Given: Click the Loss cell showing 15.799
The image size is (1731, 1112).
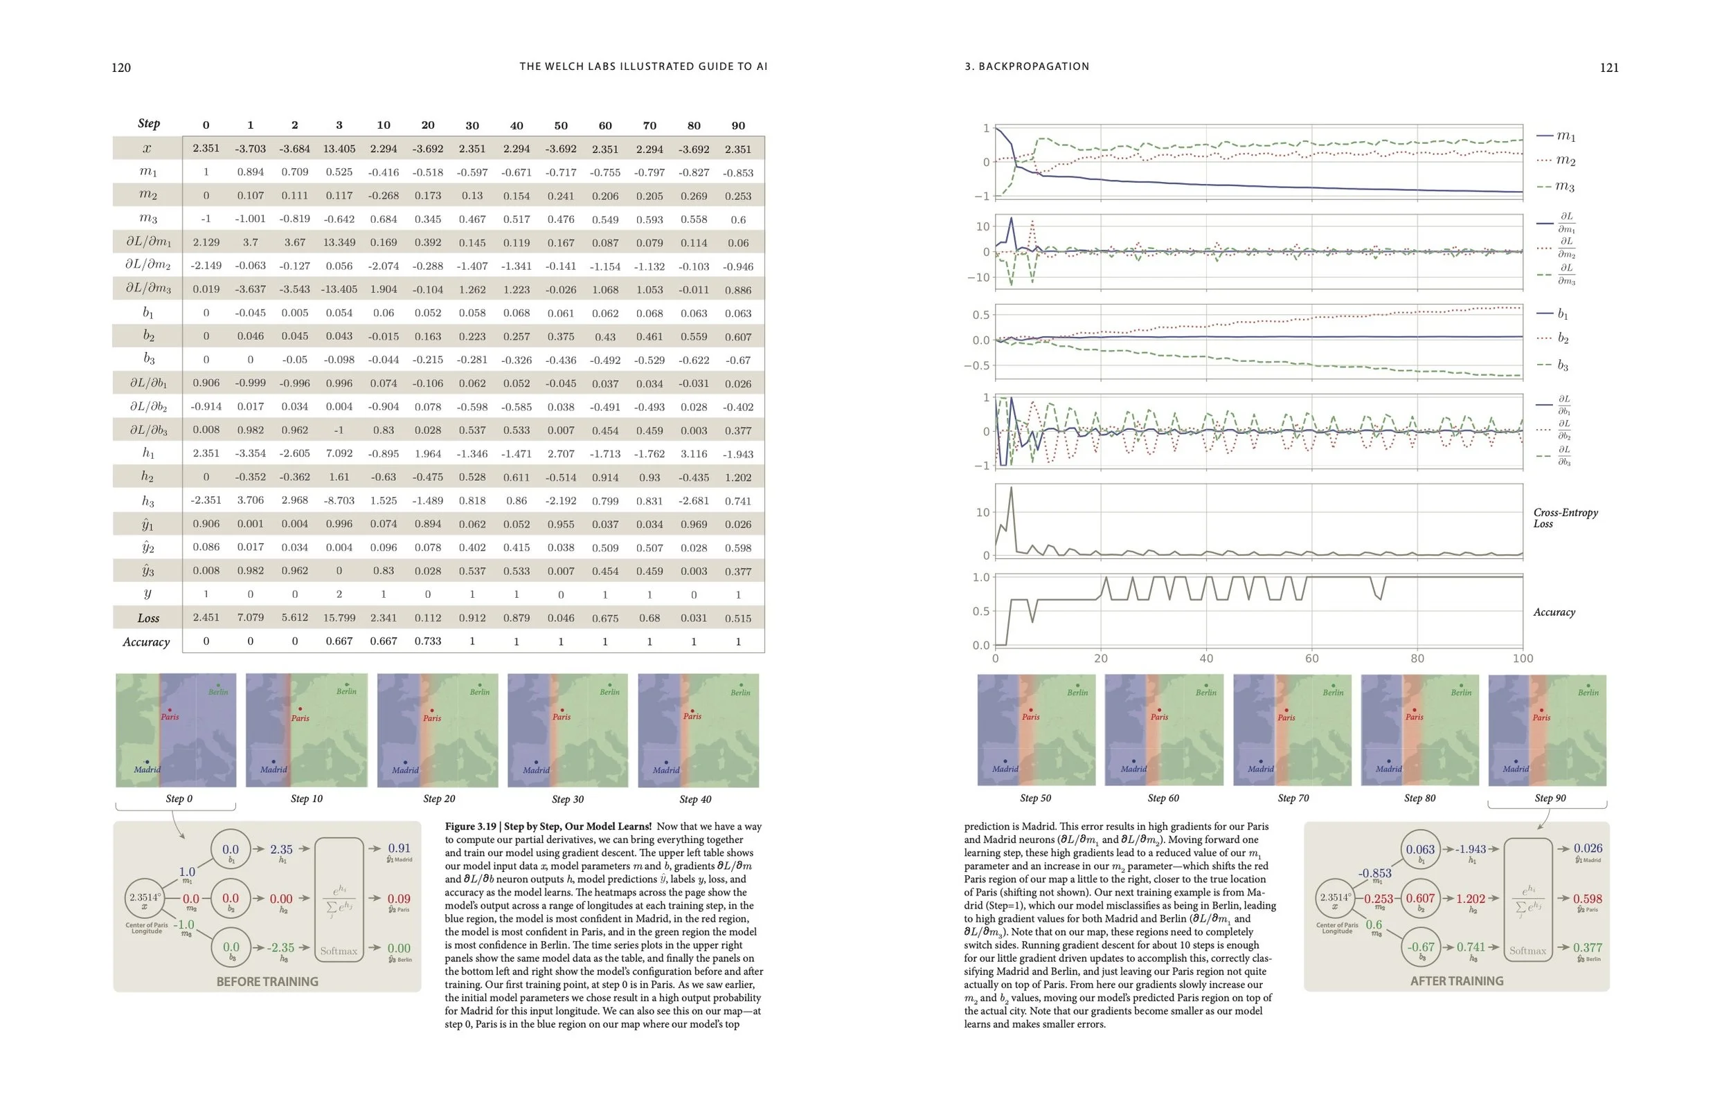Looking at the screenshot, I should tap(339, 618).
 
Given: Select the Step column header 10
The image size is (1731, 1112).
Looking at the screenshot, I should tap(383, 125).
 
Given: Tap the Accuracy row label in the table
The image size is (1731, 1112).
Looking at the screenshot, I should tap(146, 642).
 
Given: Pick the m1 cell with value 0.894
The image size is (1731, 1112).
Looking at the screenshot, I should tap(250, 172).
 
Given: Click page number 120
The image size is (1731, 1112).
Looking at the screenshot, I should tap(120, 68).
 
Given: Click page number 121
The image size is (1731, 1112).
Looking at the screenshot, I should tap(1609, 68).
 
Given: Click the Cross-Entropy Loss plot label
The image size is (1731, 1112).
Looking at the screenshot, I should tap(1565, 518).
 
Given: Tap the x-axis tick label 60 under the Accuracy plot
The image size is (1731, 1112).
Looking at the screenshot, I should tap(1311, 659).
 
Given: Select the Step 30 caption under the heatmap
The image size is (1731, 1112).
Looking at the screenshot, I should tap(567, 799).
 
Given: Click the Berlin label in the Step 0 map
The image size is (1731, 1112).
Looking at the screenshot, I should tap(218, 692).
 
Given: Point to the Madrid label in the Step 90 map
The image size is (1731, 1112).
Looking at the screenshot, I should tap(1515, 768).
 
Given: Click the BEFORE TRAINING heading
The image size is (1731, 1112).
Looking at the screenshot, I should tap(267, 981).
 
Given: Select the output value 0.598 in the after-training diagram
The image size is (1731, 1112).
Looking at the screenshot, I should tap(1587, 899).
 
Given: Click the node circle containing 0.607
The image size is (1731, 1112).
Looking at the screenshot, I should tap(1419, 899).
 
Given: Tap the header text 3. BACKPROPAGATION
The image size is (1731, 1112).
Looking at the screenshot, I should tap(1027, 66).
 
